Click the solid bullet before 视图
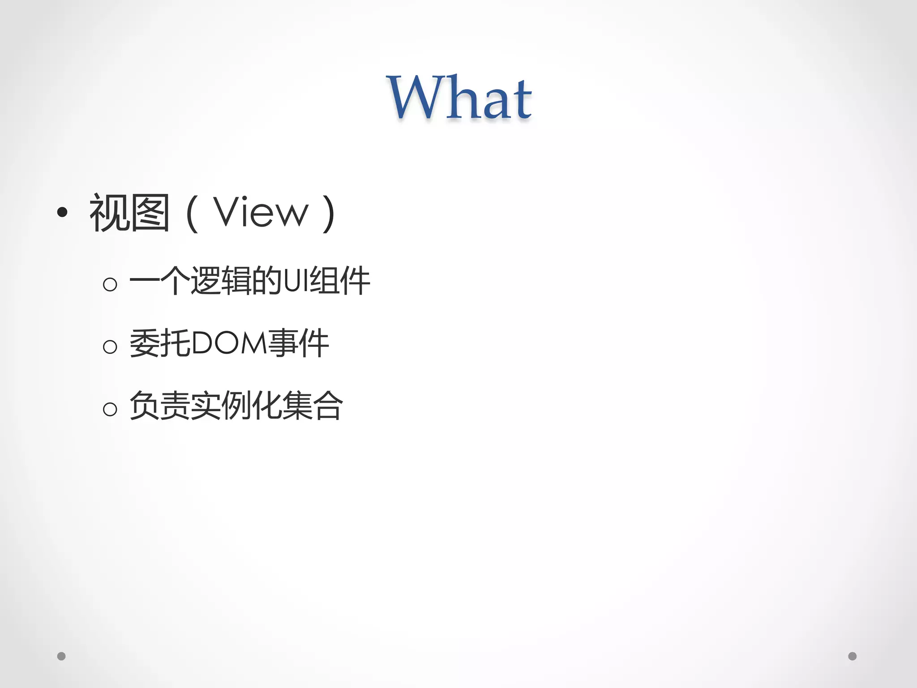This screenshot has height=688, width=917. [x=63, y=212]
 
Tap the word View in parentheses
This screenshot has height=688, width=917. [x=261, y=212]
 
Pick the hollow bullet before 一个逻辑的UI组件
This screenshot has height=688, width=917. [x=110, y=284]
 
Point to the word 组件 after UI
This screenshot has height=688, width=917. [x=340, y=281]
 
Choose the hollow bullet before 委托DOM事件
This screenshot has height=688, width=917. [x=110, y=346]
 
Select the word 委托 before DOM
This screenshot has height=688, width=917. [x=160, y=344]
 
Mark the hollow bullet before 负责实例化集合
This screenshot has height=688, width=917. [x=110, y=408]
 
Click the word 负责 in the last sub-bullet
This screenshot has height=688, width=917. [x=160, y=406]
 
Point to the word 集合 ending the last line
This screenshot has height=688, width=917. [x=313, y=406]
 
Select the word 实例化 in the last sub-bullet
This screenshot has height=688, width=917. [x=236, y=406]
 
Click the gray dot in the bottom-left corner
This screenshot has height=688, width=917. [x=61, y=656]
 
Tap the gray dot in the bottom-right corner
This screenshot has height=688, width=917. [x=853, y=656]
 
